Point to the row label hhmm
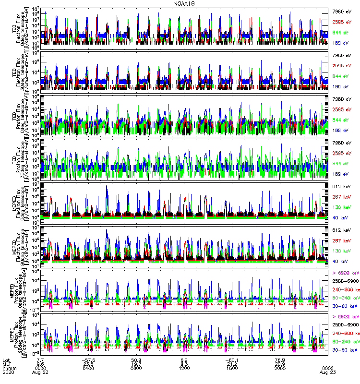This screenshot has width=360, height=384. [8, 368]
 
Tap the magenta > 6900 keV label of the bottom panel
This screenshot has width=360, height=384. [346, 316]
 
